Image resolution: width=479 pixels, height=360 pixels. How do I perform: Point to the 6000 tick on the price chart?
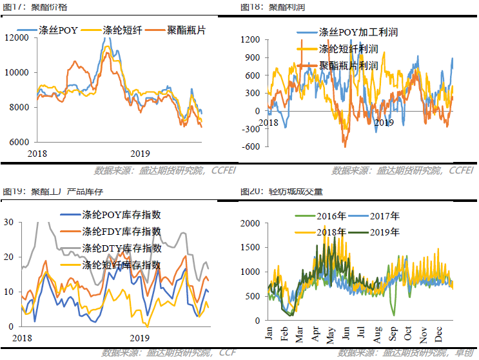(x=18, y=142)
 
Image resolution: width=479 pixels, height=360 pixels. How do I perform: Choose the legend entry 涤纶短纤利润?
(x=348, y=48)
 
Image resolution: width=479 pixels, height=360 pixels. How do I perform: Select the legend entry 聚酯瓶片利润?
(x=348, y=65)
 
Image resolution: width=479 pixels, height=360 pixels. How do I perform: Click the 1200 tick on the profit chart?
(x=251, y=40)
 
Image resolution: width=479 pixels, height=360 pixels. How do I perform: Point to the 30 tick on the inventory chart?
(x=9, y=222)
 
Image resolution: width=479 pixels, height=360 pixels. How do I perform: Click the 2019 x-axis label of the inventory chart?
(x=140, y=337)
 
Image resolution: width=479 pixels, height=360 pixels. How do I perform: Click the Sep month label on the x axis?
(x=393, y=334)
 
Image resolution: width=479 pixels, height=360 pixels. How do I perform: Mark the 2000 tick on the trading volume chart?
(x=250, y=223)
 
